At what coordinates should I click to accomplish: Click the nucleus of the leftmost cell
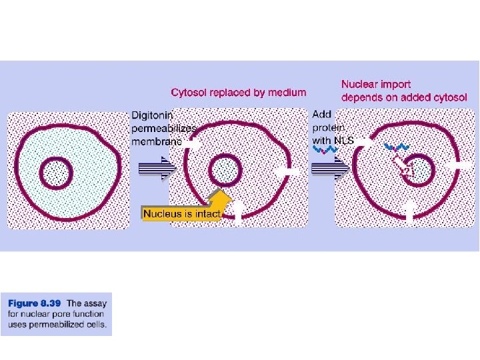pos(56,174)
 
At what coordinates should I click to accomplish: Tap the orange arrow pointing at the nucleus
pos(218,200)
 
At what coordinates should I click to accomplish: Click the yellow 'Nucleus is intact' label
pos(181,214)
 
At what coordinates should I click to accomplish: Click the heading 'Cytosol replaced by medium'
pos(239,93)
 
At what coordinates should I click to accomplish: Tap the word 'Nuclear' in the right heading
pos(359,85)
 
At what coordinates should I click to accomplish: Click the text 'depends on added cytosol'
pos(404,97)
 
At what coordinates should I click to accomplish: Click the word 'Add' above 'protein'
pos(321,115)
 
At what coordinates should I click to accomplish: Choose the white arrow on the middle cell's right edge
pos(288,172)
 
